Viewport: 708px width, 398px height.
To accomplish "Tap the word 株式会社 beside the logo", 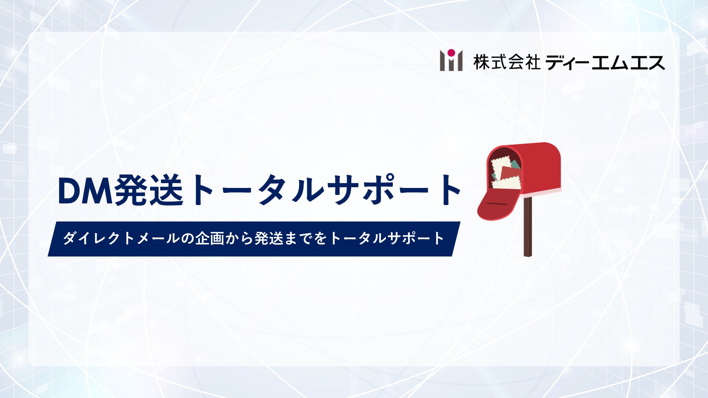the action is (x=507, y=62).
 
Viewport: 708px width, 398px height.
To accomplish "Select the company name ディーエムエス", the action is (x=605, y=62).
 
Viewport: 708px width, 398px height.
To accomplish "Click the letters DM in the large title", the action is (x=85, y=191).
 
